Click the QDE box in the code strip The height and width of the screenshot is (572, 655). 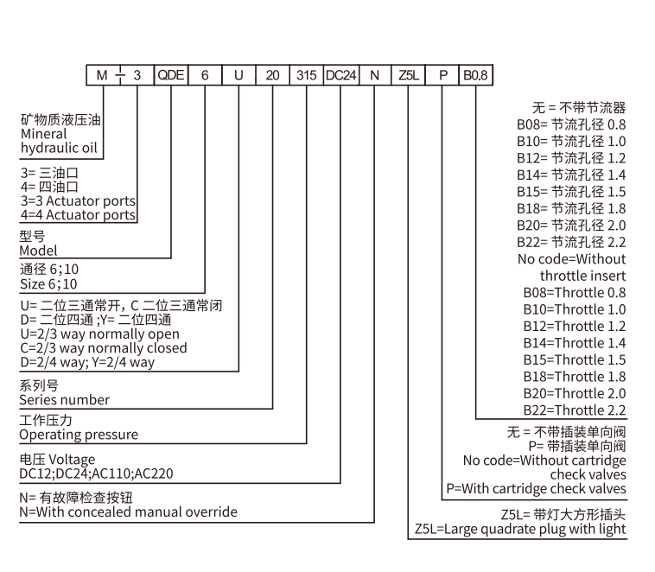(x=170, y=75)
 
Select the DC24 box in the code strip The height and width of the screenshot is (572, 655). (x=340, y=75)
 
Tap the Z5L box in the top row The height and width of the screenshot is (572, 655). (x=408, y=75)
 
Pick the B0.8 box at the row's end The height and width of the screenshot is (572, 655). (x=475, y=75)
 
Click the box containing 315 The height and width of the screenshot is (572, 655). (x=307, y=75)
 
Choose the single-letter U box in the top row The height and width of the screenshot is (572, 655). (x=238, y=75)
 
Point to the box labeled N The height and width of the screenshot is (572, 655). (x=374, y=75)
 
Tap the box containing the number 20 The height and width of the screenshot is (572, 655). (x=272, y=75)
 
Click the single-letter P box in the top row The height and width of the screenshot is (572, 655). (x=442, y=75)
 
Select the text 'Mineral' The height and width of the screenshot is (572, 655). (x=43, y=134)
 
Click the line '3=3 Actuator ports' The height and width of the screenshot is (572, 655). (x=78, y=200)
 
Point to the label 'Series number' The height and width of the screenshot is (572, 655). (x=65, y=400)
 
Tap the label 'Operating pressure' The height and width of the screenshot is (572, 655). (x=79, y=435)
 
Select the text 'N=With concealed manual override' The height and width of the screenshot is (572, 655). (x=128, y=512)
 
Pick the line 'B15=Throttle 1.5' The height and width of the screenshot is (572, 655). (x=575, y=359)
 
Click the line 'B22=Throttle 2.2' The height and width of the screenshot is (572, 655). (x=575, y=410)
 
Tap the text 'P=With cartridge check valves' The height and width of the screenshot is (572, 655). (x=536, y=488)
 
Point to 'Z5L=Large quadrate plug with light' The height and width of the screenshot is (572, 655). (x=520, y=528)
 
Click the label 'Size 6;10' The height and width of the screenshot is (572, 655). (x=49, y=284)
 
